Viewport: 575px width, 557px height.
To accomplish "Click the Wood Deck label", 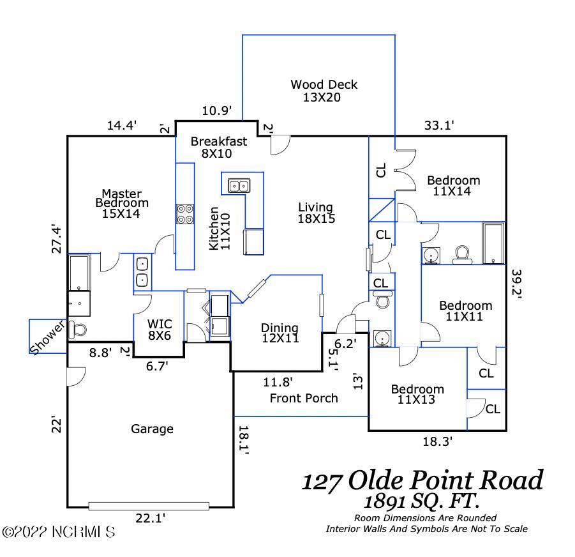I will click(x=324, y=91).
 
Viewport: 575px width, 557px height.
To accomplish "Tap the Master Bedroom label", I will click(x=122, y=203).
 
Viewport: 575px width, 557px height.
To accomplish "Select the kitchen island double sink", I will click(x=239, y=186).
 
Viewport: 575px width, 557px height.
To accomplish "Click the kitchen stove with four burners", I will click(x=185, y=213).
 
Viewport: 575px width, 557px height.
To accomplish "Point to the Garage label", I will click(x=152, y=429).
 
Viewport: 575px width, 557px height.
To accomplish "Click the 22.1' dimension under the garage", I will click(x=150, y=519).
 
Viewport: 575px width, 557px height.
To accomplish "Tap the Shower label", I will click(x=49, y=336).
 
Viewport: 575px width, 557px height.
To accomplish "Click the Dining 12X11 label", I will click(x=280, y=333).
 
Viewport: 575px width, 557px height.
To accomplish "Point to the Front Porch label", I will click(x=304, y=398).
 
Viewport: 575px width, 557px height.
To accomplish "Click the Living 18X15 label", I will click(x=316, y=213).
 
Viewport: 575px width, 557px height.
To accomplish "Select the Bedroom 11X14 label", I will click(x=453, y=185).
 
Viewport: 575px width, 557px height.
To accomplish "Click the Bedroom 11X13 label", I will click(x=417, y=395).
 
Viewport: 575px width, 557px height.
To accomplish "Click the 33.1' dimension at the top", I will click(x=438, y=126).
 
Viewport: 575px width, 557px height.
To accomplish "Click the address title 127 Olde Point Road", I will click(x=422, y=479).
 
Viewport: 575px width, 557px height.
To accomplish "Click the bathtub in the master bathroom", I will click(x=79, y=271).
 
